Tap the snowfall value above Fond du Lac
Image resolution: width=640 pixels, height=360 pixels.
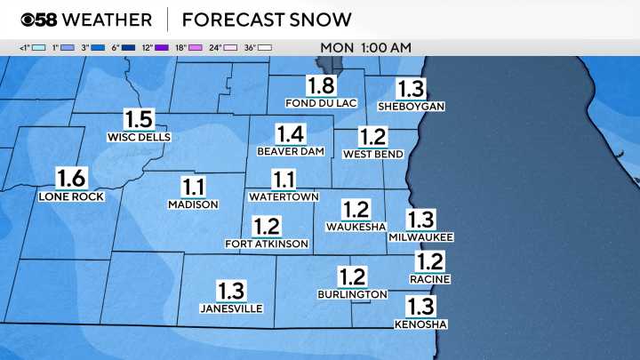pos(321,86)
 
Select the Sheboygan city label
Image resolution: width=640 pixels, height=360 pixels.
pos(411,106)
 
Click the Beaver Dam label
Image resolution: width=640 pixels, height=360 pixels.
pos(290,151)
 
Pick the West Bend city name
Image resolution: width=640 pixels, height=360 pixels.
pos(373,154)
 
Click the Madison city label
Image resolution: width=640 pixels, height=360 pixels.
pos(193,204)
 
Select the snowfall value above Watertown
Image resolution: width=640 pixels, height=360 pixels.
pos(284,180)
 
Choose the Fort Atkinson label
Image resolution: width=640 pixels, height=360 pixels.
pos(267,244)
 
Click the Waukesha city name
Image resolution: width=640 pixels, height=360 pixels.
pos(356,227)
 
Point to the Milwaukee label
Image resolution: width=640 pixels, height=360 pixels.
pos(421,237)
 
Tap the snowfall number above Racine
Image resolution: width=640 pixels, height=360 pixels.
pos(430,261)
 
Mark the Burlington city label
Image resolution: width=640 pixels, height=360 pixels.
pos(353,293)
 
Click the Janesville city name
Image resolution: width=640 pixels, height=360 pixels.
pos(231,308)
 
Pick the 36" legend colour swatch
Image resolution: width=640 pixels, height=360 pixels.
pos(264,47)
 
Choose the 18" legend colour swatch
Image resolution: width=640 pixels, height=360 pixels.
pos(195,47)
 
